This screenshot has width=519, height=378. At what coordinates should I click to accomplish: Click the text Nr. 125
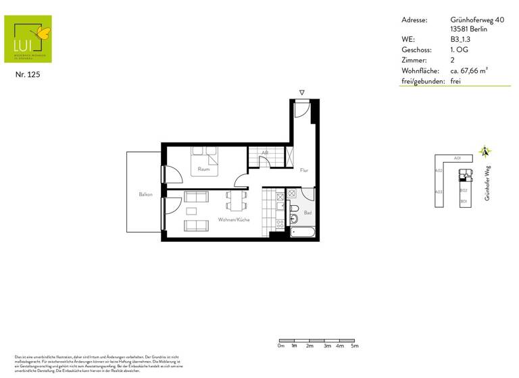point(28,75)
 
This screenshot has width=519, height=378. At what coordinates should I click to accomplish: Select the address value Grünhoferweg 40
point(476,20)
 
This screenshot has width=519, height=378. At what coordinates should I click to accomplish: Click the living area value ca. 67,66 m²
point(469,70)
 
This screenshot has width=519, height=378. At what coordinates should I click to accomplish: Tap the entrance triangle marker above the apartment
point(302,92)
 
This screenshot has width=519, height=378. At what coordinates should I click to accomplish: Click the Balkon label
point(145,195)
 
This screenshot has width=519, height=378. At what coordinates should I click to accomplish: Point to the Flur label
point(304,170)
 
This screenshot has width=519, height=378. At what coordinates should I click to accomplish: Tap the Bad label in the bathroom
point(307,213)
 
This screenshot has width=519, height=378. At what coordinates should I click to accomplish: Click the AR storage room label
point(265,154)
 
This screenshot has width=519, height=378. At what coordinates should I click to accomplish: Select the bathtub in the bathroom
point(302,232)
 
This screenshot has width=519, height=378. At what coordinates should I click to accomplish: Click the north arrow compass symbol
point(483,152)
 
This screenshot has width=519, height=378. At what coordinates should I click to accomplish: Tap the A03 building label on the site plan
point(439,192)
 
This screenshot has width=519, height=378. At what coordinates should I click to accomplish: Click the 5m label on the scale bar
point(354,346)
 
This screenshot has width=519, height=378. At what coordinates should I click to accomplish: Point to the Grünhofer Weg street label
point(487,182)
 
